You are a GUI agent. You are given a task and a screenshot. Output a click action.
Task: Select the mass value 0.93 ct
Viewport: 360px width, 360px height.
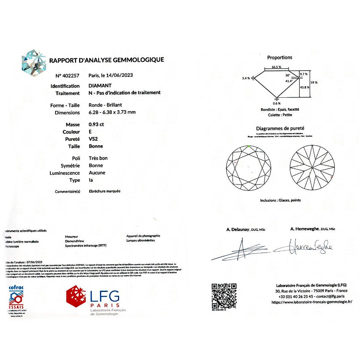pyautogui.click(x=96, y=124)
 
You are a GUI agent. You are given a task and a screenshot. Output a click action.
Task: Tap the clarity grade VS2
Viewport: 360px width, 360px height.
pyautogui.click(x=93, y=139)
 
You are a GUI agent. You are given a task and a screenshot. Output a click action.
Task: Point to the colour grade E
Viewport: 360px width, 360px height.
pyautogui.click(x=90, y=132)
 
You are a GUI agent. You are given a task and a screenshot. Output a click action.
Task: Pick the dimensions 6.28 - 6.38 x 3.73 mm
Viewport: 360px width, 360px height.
pyautogui.click(x=112, y=112)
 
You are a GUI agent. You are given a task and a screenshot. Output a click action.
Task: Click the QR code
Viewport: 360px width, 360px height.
pyautogui.click(x=224, y=296)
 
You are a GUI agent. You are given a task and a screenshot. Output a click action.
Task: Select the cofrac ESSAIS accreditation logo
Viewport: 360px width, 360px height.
pyautogui.click(x=16, y=299)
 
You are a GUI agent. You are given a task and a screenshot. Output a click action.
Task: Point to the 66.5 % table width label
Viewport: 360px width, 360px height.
pyautogui.click(x=276, y=67)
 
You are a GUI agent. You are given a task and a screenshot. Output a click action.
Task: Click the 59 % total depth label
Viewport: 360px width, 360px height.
pyautogui.click(x=314, y=82)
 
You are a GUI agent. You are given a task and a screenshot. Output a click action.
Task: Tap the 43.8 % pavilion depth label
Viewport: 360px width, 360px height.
pyautogui.click(x=304, y=87)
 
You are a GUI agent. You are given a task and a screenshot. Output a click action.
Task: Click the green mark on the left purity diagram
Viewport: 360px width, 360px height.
pyautogui.click(x=249, y=146)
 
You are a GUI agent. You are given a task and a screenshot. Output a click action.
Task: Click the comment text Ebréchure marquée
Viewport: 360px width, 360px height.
pyautogui.click(x=105, y=191)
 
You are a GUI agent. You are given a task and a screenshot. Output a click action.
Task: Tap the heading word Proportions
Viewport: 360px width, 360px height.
pyautogui.click(x=280, y=57)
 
